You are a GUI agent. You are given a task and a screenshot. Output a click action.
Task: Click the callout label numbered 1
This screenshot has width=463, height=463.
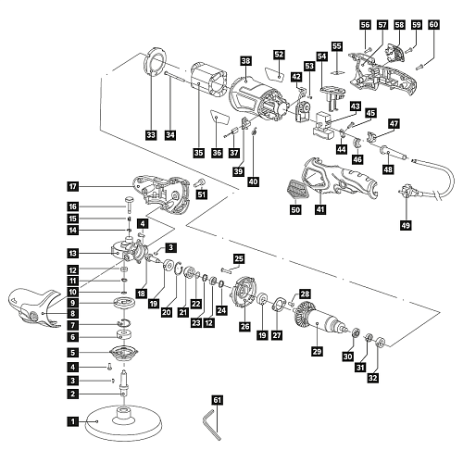pyautogui.click(x=72, y=422)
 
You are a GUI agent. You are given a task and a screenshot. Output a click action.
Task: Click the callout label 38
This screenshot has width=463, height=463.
pyautogui.click(x=244, y=61)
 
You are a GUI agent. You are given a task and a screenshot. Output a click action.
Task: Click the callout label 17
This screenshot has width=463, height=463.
pyautogui.click(x=72, y=186)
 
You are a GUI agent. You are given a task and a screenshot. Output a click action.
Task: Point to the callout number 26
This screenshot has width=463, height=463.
pyautogui.click(x=245, y=325)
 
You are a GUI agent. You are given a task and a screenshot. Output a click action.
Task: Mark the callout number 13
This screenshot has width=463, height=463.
pyautogui.click(x=72, y=253)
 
